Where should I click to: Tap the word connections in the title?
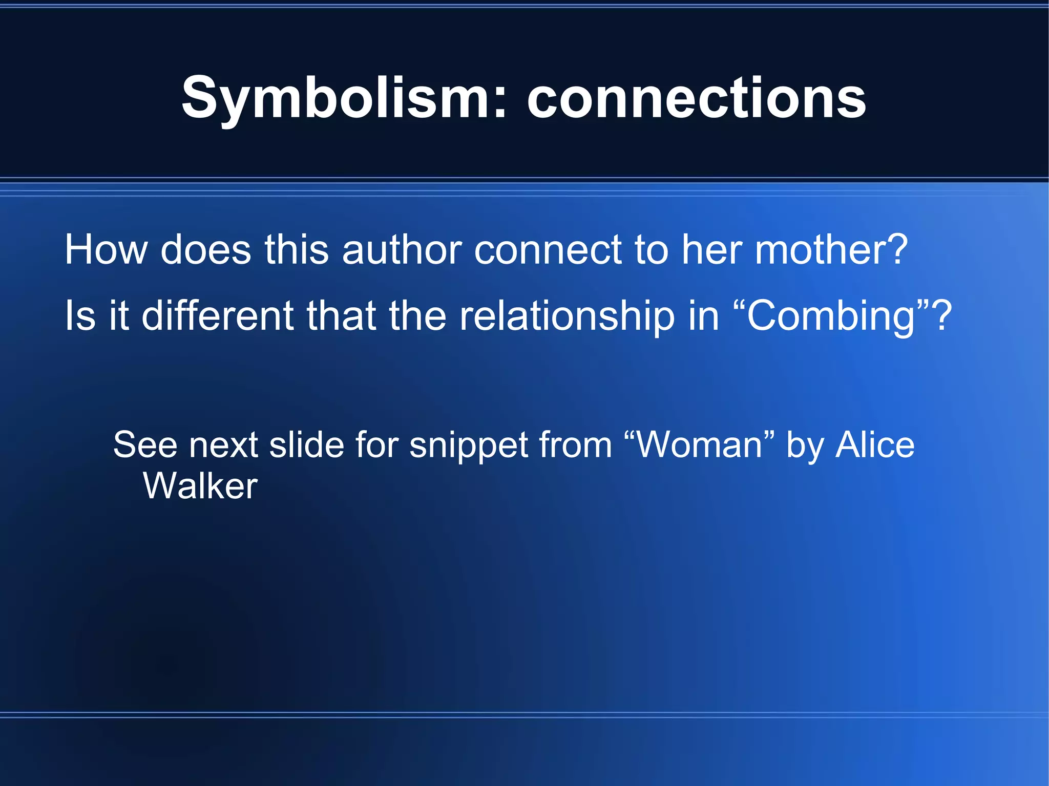tap(697, 98)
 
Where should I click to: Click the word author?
tap(402, 249)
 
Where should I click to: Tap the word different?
tap(217, 315)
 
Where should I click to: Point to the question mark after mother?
tap(896, 249)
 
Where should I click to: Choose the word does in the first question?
tap(206, 249)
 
